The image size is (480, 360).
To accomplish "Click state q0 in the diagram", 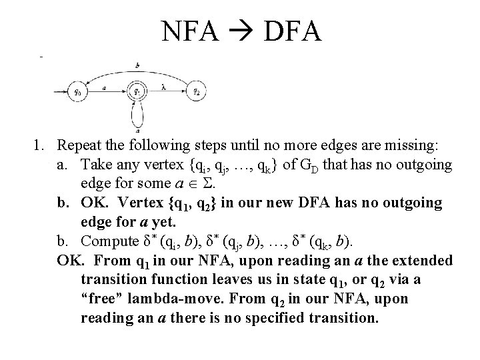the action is coord(78,91).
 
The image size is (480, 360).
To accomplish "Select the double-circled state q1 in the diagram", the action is coord(137,91).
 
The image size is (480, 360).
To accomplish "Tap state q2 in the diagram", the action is coord(195,91).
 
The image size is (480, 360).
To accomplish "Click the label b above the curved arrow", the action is coord(136,65).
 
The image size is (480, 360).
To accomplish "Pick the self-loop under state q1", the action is coord(137,117).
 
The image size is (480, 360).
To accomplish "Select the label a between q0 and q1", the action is coord(106,87).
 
